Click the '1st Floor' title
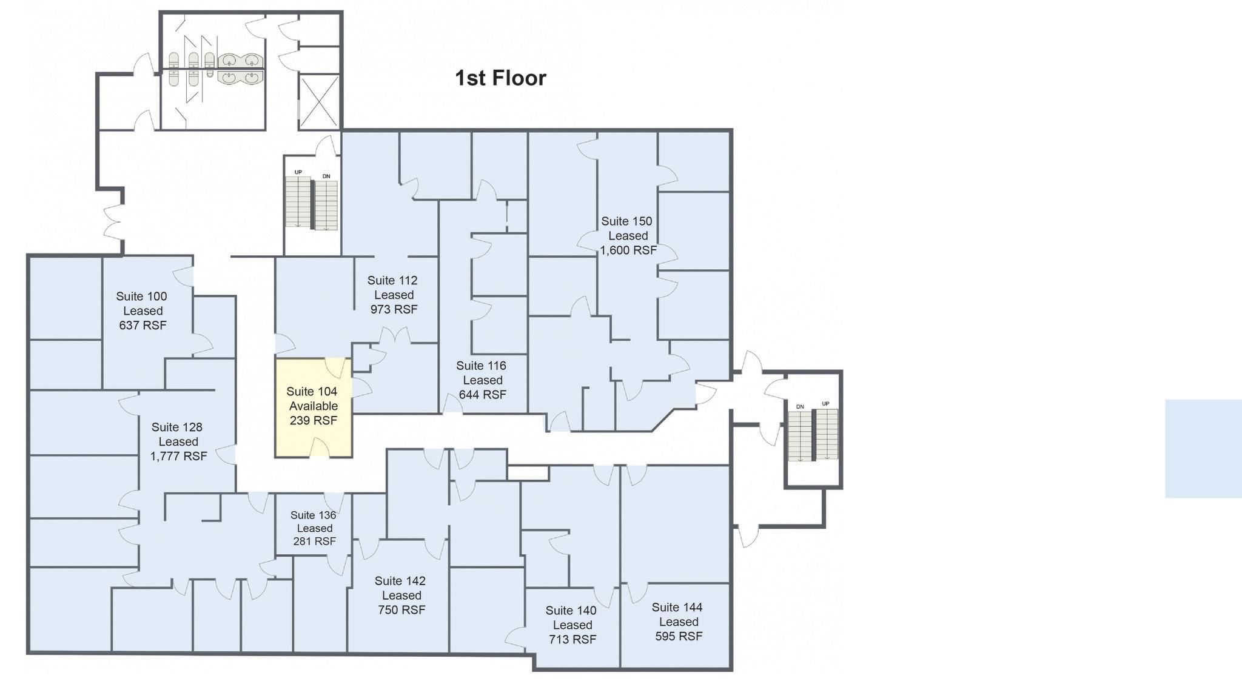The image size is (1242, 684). point(500,78)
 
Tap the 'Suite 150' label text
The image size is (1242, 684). point(626,221)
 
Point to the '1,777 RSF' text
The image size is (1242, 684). point(178,456)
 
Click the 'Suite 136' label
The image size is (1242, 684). point(313,515)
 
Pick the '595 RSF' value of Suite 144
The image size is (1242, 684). point(679,636)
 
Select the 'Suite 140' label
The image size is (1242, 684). point(571,611)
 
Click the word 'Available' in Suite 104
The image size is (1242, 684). point(313,406)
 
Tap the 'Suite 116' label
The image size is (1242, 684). point(481,366)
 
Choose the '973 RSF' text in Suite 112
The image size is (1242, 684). point(394,309)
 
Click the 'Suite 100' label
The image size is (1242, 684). point(141,297)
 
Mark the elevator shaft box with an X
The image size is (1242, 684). point(320,101)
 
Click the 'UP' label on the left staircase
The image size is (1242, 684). point(298,172)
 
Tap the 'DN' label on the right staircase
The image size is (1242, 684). point(800,406)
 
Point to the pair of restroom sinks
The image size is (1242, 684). point(241,69)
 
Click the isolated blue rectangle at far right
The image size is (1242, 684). point(1203,449)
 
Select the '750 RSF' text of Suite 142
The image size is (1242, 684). point(401,610)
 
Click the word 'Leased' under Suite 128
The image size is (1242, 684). point(178,441)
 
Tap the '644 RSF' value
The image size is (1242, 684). point(482,395)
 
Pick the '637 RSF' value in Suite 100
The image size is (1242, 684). point(143,325)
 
